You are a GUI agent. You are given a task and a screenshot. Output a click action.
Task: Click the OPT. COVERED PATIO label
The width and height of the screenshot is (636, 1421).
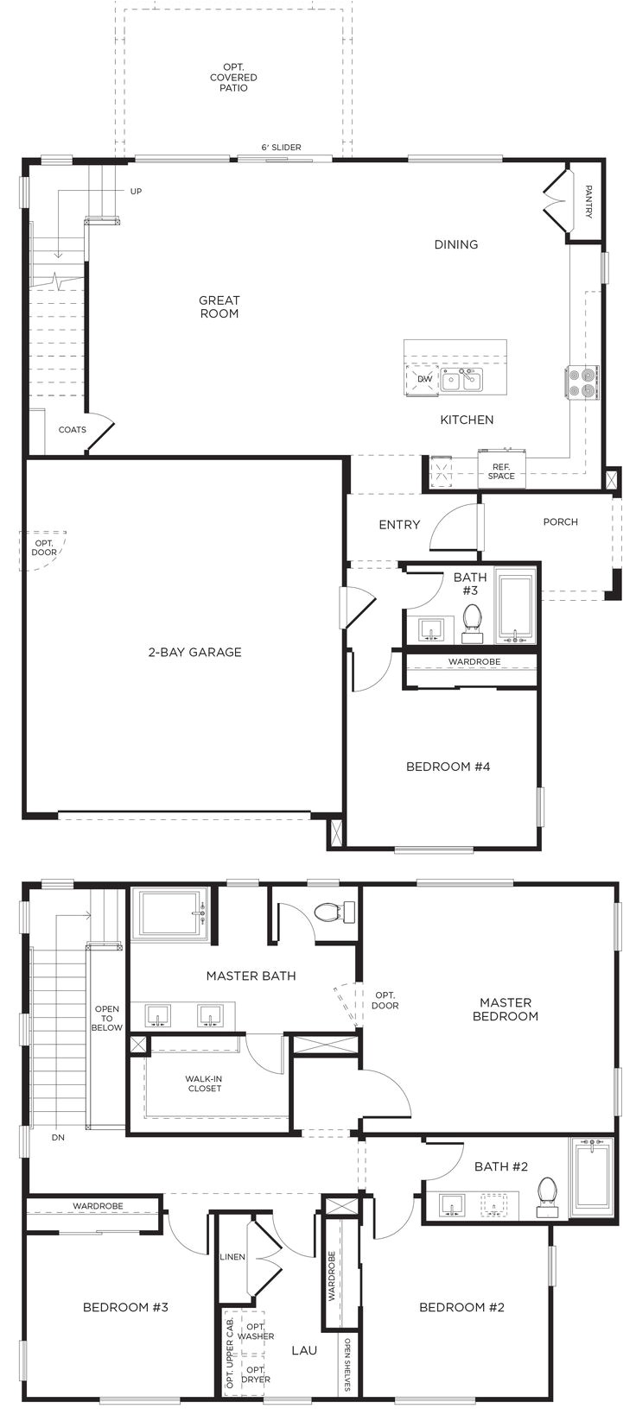pos(233,78)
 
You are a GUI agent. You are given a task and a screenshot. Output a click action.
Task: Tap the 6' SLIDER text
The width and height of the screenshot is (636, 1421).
pos(282,148)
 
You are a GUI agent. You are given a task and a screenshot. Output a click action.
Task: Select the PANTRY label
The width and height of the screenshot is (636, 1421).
pos(588,201)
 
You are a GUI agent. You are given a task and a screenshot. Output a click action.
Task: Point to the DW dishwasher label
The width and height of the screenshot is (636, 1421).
pos(424,379)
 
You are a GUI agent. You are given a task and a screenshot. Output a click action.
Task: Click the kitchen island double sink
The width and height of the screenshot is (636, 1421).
pos(461,380)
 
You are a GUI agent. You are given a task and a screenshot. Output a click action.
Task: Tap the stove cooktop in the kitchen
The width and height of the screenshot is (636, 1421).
pos(582,382)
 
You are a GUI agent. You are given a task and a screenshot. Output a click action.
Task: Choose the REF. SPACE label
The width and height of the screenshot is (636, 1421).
pos(501,471)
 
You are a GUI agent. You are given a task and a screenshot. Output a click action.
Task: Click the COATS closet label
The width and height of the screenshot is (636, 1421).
pos(72,430)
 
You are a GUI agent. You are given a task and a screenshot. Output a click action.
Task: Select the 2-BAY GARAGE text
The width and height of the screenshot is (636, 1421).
pos(194,652)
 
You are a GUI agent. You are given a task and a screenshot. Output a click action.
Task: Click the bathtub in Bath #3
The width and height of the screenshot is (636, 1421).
pos(515,609)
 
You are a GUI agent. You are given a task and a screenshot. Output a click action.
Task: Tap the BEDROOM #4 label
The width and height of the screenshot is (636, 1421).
pos(448,766)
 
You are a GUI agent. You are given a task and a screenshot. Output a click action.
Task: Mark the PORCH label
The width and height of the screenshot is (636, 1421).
pos(560,521)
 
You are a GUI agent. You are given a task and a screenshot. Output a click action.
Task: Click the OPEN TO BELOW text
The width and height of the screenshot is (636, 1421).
pos(107,1018)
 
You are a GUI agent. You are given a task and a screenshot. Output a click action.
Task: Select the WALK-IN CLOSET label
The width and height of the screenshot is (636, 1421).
pos(204,1083)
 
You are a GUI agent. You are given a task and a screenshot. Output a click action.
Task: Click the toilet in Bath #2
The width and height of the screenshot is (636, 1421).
pos(547,1194)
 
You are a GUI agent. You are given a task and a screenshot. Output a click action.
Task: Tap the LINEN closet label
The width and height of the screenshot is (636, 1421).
pos(232,1257)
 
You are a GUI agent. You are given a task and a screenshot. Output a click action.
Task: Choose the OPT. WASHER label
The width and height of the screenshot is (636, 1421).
pos(256,1331)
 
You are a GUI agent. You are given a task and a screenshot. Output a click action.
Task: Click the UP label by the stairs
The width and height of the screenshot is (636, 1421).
pos(136,192)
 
